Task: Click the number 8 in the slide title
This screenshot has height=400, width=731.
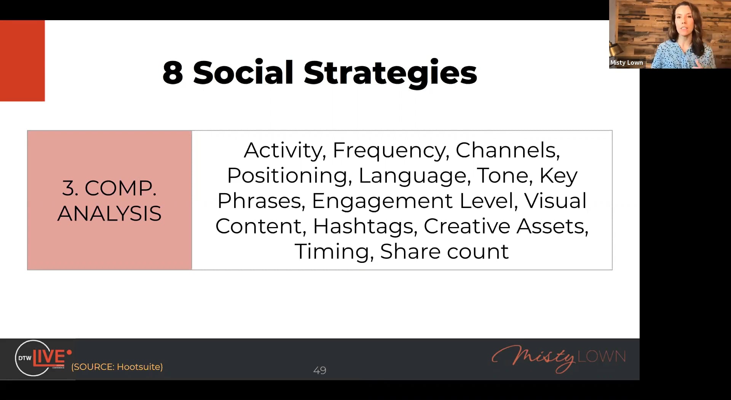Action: coord(172,72)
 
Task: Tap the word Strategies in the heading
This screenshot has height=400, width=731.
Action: coord(390,74)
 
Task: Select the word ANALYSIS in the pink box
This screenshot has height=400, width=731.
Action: coord(110,213)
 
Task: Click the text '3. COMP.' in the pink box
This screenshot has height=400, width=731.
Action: coord(109,188)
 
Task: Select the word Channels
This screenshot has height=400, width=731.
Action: coord(508,150)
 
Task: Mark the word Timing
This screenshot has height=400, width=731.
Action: coord(334,252)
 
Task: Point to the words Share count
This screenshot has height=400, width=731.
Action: coord(444,251)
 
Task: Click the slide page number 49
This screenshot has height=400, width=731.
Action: coord(320,370)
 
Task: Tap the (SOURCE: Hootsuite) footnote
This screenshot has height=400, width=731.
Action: coord(117,367)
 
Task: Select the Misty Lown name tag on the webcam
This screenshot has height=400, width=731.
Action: coord(627,62)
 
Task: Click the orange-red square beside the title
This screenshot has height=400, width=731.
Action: coord(22,61)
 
